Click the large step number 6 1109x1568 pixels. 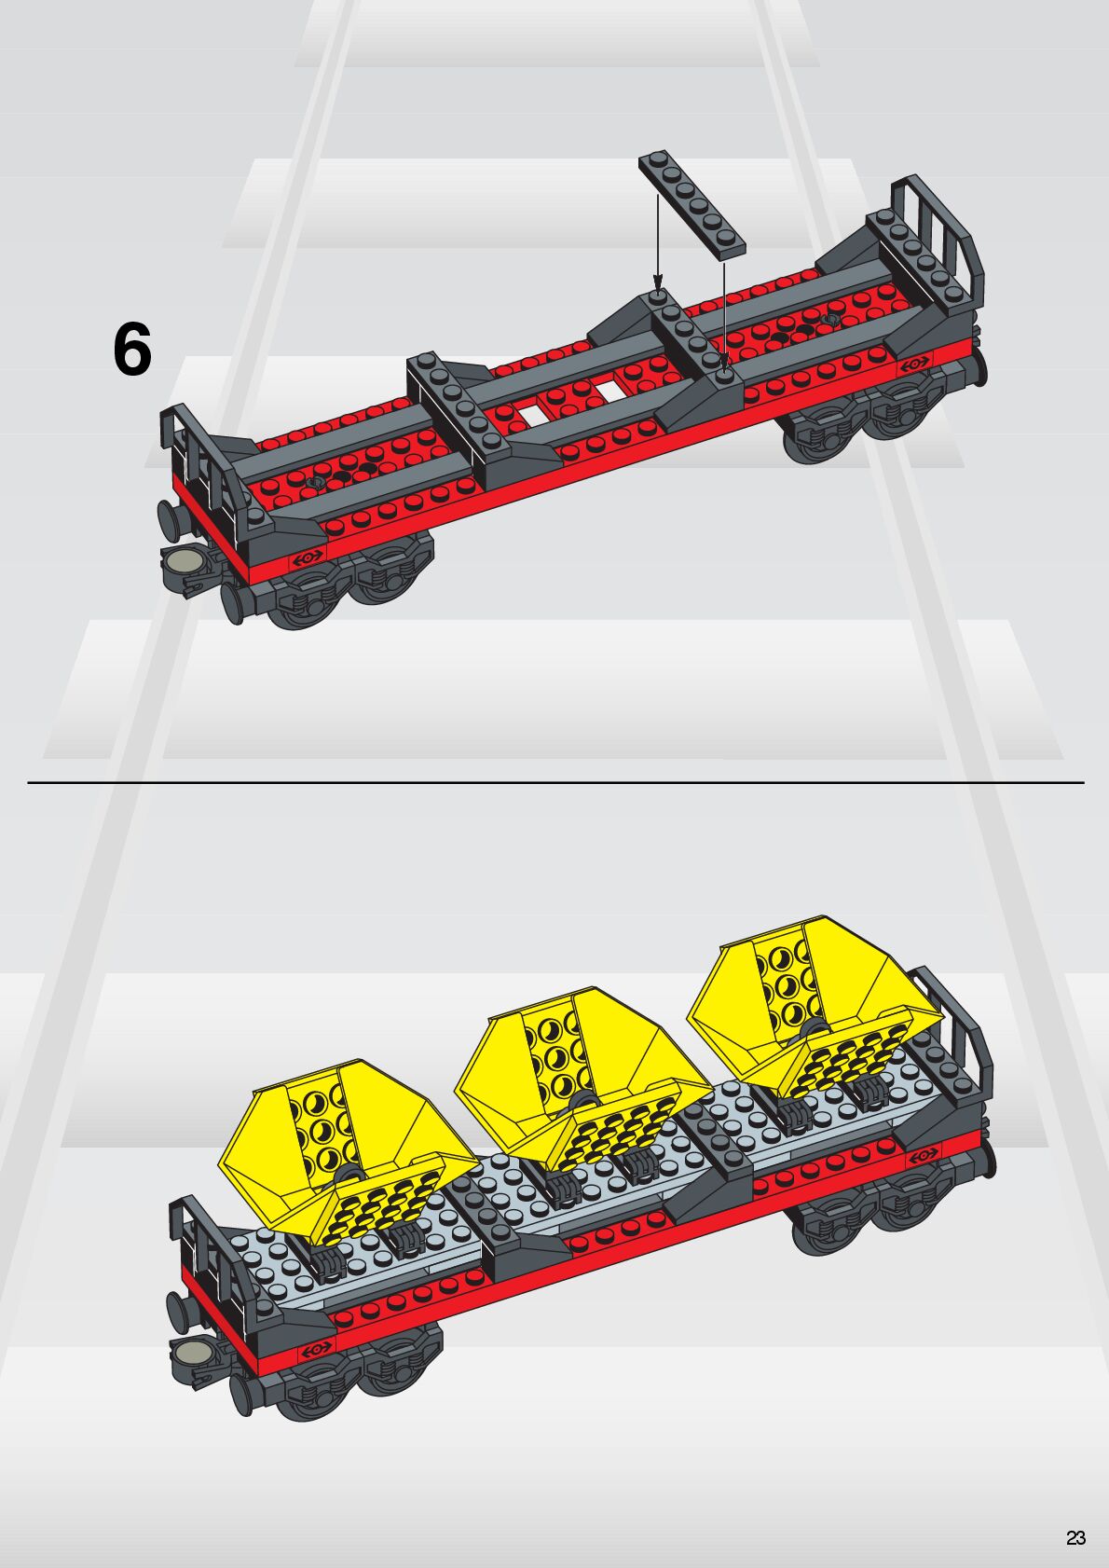coord(131,351)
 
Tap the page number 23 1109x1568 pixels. coord(1075,1538)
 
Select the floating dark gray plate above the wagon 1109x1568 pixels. coord(692,202)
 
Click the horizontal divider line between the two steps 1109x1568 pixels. coord(555,783)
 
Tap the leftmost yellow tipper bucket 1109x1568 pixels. coord(326,1147)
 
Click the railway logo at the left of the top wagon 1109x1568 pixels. coord(308,557)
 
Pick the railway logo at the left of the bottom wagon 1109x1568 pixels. coord(316,1348)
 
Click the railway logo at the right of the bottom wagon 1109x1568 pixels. coord(924,1155)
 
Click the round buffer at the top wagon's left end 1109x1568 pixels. coord(169,518)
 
